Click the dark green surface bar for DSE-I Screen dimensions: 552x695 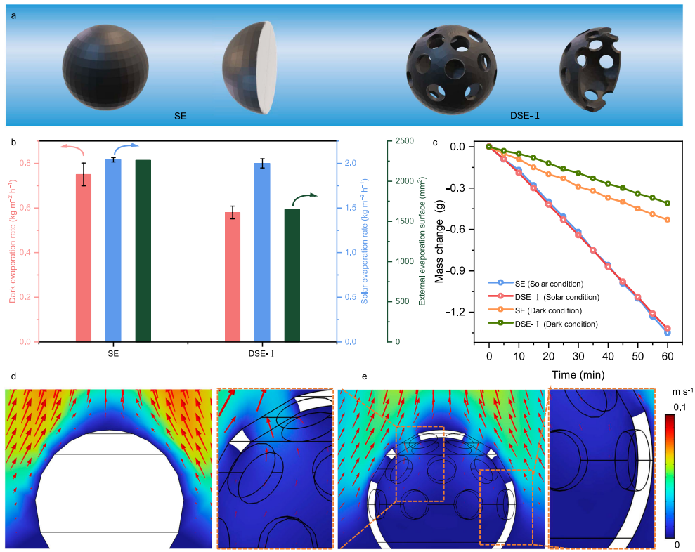tap(292, 275)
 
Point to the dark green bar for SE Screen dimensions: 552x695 tap(143, 251)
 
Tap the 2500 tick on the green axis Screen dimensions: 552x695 tap(403, 141)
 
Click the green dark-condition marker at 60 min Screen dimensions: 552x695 tap(668, 204)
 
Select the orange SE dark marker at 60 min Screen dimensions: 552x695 tap(668, 220)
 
